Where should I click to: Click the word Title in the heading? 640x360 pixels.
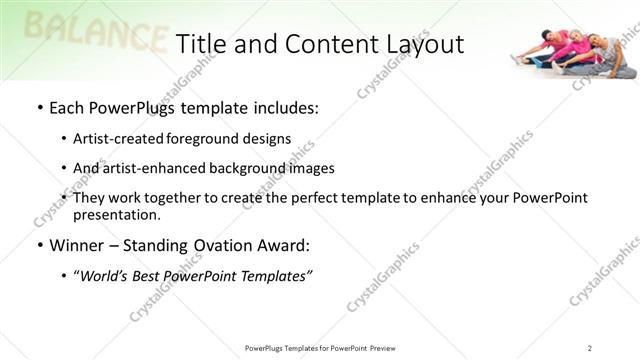pyautogui.click(x=201, y=44)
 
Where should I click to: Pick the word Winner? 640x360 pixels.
pyautogui.click(x=76, y=245)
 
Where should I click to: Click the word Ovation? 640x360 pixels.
pyautogui.click(x=212, y=245)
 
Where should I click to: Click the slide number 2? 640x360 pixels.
pyautogui.click(x=590, y=347)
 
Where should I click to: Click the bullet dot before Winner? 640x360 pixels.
pyautogui.click(x=39, y=246)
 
